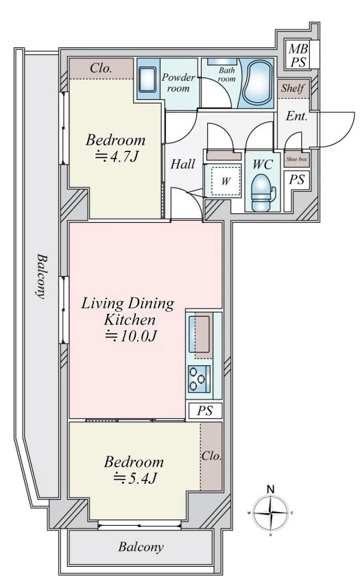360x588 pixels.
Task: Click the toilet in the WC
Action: point(262,193)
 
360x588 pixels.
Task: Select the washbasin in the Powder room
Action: point(147,79)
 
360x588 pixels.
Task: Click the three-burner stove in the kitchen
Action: point(199,379)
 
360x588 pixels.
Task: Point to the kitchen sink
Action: point(199,334)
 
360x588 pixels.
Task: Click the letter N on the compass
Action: point(270,489)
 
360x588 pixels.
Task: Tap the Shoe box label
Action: point(296,160)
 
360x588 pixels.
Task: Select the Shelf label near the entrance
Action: point(293,88)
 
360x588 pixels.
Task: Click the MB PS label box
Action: point(299,55)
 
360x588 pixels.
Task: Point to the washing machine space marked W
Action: point(225,182)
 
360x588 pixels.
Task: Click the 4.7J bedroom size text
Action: point(116,156)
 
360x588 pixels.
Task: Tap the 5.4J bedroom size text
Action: point(135,478)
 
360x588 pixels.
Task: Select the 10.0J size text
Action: point(130,336)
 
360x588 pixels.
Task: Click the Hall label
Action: point(183,164)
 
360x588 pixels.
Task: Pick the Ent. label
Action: point(296,116)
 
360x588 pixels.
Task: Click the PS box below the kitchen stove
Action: point(205,411)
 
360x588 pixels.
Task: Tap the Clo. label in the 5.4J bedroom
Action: point(211,456)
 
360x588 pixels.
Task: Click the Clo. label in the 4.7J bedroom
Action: point(101,68)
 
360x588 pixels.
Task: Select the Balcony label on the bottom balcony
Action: point(141,547)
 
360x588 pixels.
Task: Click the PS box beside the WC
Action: point(296,180)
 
